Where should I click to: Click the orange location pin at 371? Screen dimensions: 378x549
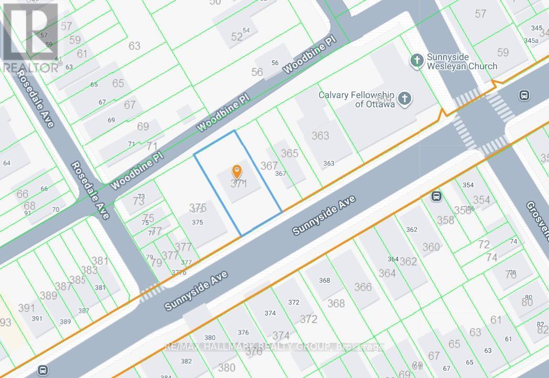pyautogui.click(x=237, y=172)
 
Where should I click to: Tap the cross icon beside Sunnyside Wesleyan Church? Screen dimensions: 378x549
pyautogui.click(x=417, y=60)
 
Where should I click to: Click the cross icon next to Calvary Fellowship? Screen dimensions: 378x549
pyautogui.click(x=404, y=98)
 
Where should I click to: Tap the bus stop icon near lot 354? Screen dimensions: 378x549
pyautogui.click(x=436, y=197)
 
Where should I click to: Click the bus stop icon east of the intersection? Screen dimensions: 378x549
pyautogui.click(x=523, y=95)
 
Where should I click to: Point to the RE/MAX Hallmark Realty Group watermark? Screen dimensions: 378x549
pyautogui.click(x=275, y=347)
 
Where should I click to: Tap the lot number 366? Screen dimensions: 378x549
pyautogui.click(x=363, y=287)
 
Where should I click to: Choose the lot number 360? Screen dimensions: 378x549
pyautogui.click(x=431, y=247)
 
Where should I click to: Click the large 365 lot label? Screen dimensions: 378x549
pyautogui.click(x=289, y=153)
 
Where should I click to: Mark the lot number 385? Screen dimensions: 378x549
pyautogui.click(x=77, y=280)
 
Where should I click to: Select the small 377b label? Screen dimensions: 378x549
pyautogui.click(x=179, y=272)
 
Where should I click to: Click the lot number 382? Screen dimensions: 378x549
pyautogui.click(x=186, y=361)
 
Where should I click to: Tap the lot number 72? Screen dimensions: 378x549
pyautogui.click(x=484, y=244)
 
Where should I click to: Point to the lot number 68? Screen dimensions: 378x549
pyautogui.click(x=29, y=205)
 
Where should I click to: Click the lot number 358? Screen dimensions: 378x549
pyautogui.click(x=446, y=220)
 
